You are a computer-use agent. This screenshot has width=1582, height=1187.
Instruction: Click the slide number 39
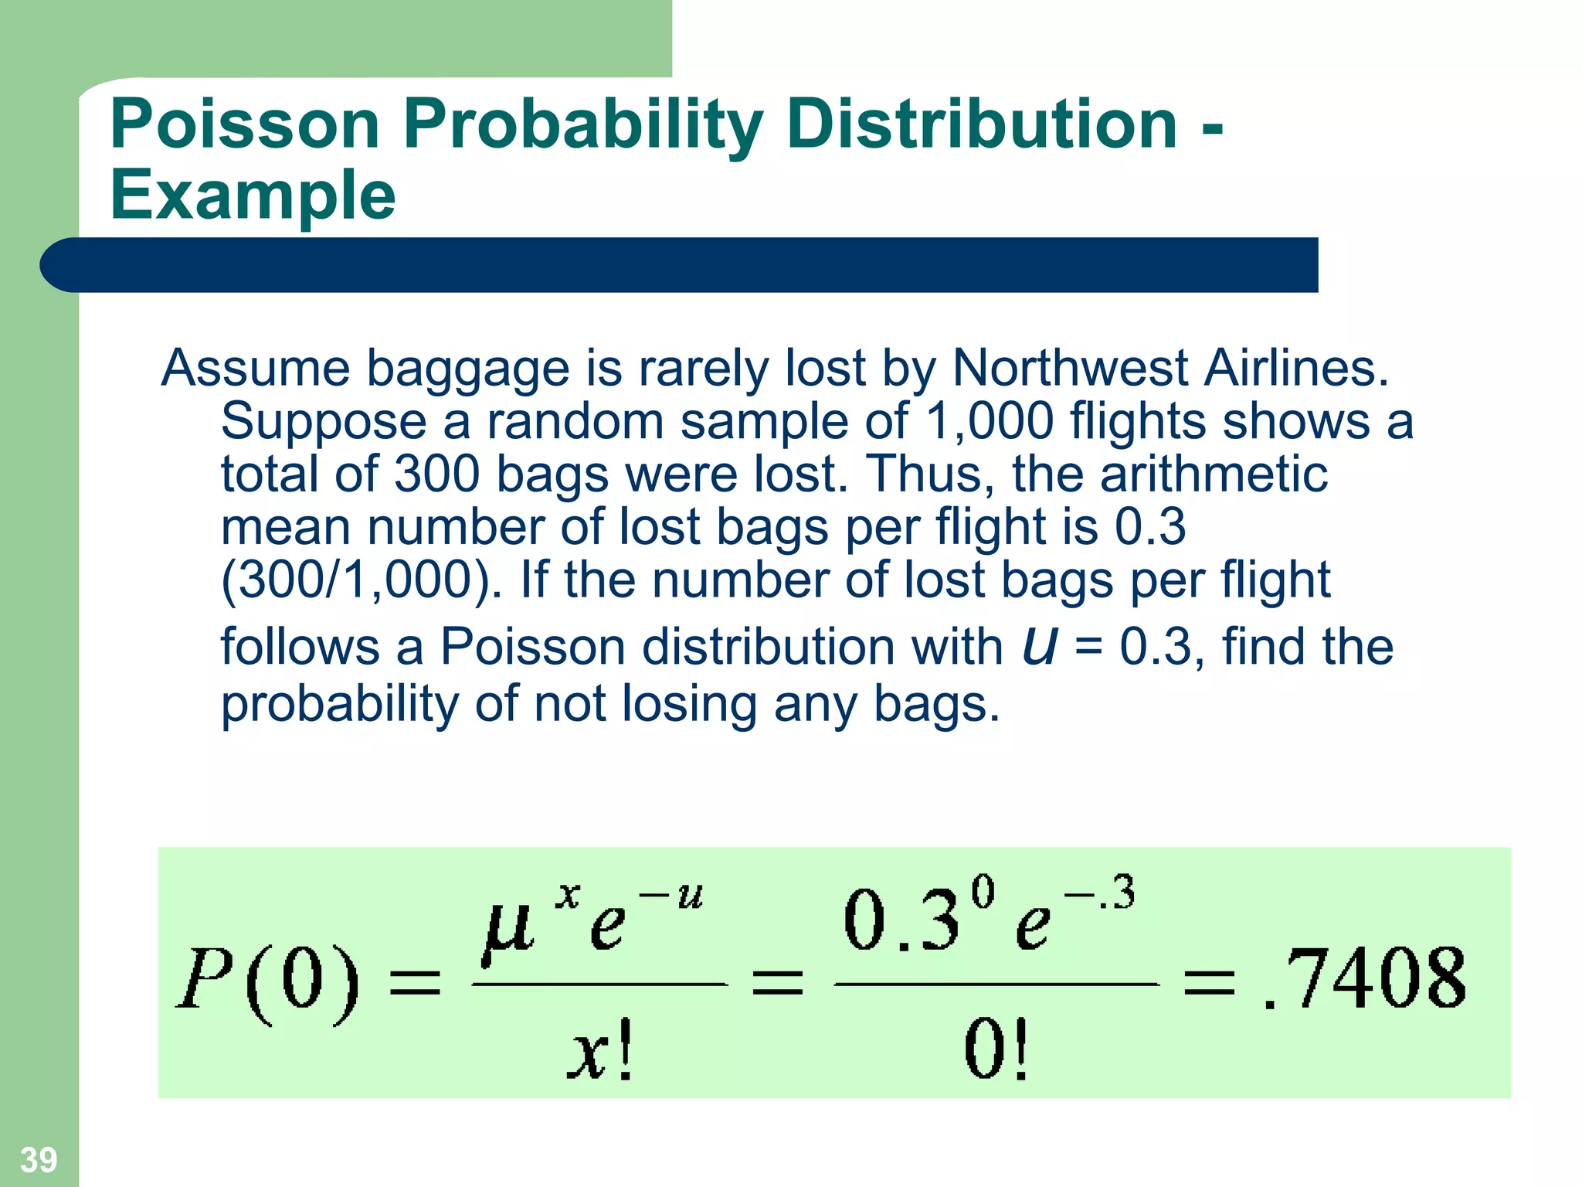point(38,1159)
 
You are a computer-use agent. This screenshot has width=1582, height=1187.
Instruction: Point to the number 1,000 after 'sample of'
point(989,421)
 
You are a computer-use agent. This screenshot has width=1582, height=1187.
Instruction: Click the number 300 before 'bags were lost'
point(436,474)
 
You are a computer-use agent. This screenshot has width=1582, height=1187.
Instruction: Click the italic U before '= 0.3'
point(1039,646)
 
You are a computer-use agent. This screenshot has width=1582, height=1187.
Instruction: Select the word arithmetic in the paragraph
point(1214,474)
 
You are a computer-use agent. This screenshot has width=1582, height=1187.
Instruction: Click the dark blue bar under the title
point(680,265)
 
